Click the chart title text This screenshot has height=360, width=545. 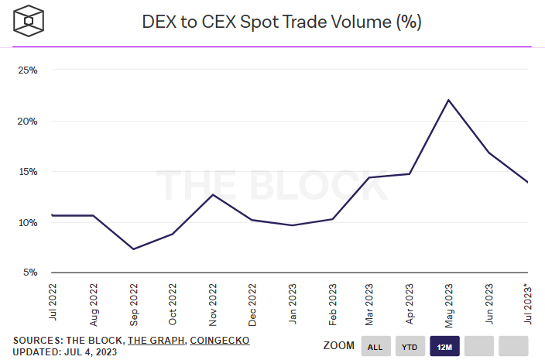click(x=282, y=22)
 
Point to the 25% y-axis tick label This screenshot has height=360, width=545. click(x=28, y=70)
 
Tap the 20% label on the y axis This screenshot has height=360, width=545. click(x=28, y=122)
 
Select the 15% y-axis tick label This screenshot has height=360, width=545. click(x=28, y=172)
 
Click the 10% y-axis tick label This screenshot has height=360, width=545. click(x=28, y=223)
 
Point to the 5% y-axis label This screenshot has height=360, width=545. click(x=30, y=273)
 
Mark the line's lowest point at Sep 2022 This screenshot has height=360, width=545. click(x=134, y=249)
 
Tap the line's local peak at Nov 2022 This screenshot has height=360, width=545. click(x=213, y=194)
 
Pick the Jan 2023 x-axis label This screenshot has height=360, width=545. click(x=291, y=303)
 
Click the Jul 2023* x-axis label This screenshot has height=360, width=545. click(x=527, y=302)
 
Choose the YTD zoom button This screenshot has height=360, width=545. click(x=410, y=346)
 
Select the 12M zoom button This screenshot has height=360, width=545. click(x=445, y=346)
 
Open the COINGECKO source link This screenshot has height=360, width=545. click(x=219, y=340)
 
